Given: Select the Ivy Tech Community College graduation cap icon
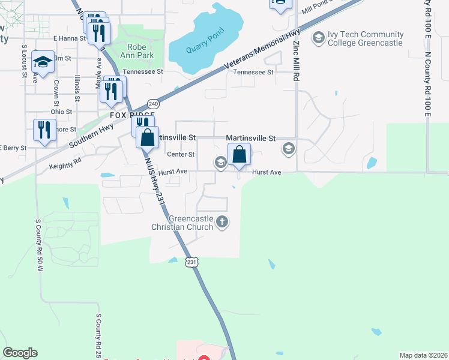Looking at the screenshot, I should (318, 38).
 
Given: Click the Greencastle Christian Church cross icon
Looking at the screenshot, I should (222, 222).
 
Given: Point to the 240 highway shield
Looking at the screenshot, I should (153, 103).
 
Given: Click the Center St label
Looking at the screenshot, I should (181, 154).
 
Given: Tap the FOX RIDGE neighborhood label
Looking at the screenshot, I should (132, 115).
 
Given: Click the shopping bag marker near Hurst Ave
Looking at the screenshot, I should (239, 153).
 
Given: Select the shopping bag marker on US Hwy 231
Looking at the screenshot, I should (147, 137).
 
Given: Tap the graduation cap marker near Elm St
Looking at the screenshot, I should (43, 61).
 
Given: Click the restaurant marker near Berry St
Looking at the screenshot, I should (44, 130).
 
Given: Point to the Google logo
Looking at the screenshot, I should (20, 353).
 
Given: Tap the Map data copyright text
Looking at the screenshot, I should (423, 355).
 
